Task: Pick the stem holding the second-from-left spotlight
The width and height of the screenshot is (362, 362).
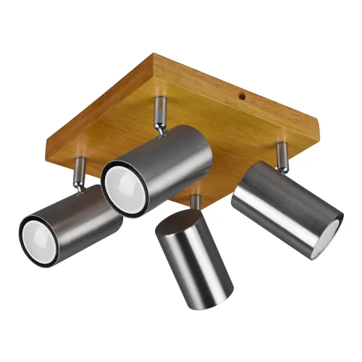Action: (x=158, y=111)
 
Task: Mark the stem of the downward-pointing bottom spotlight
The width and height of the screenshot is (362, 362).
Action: (x=195, y=201)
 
